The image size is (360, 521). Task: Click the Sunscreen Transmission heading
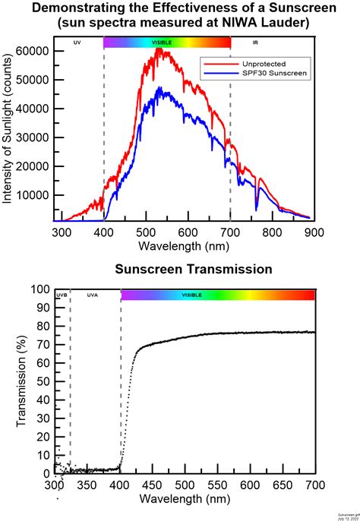pos(183,270)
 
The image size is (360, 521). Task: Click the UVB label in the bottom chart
pos(62,295)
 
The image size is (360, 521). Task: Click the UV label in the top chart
pos(77,44)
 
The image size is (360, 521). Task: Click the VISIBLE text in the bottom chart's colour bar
pos(191,295)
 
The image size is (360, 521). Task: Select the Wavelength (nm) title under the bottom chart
pos(183,499)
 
